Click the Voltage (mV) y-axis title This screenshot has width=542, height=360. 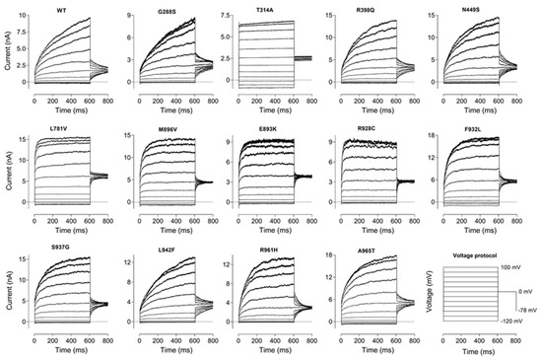point(427,296)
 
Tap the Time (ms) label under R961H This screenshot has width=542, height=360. point(276,351)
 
